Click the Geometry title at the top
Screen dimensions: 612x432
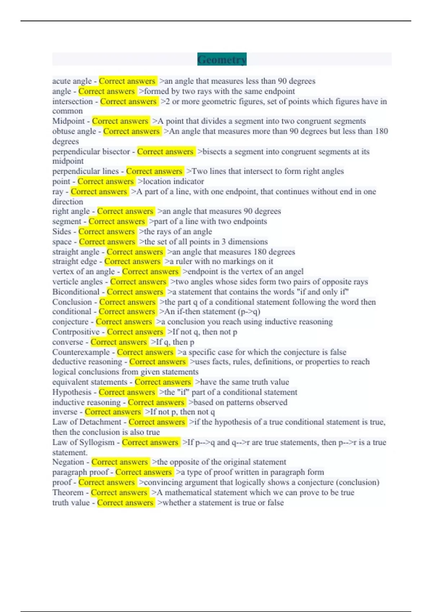222,59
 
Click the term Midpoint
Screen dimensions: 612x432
68,121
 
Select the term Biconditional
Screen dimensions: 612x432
76,292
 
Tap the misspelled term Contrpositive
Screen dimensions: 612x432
76,332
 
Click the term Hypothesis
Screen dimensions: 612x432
72,392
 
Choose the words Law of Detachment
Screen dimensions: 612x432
87,422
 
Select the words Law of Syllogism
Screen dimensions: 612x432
83,442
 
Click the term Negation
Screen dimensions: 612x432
68,462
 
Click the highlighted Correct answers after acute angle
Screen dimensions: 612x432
127,81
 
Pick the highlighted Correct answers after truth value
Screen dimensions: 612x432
125,503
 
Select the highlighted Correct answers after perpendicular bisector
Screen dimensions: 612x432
165,152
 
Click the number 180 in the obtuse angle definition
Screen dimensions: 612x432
381,131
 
